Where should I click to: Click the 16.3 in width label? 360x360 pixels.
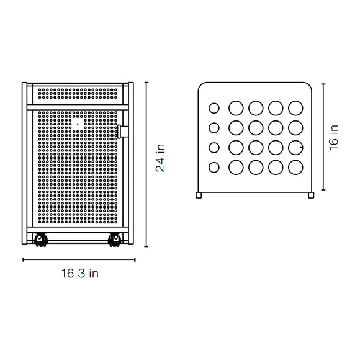[x=79, y=274]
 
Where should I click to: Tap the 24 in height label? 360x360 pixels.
[x=160, y=158]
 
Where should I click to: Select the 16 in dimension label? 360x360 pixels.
[x=333, y=138]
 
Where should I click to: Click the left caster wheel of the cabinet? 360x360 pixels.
[x=41, y=240]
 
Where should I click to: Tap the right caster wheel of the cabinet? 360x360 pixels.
[x=114, y=240]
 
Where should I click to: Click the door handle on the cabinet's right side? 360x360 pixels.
[x=123, y=132]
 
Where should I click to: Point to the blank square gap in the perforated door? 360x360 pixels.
[x=78, y=124]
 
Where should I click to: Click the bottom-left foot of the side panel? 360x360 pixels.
[x=199, y=195]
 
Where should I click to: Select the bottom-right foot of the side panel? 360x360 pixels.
[x=311, y=195]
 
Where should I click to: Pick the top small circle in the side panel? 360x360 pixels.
[x=214, y=108]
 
